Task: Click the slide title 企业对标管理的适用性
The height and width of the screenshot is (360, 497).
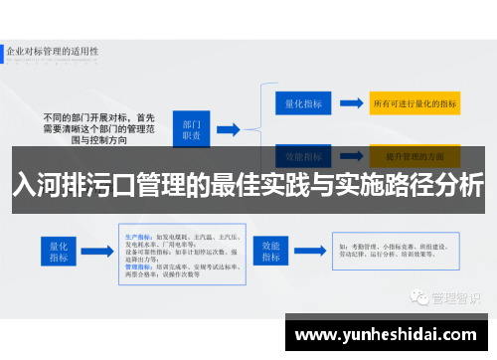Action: (x=51, y=49)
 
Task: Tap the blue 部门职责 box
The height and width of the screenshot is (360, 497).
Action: (x=193, y=128)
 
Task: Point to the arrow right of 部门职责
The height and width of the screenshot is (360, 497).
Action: (x=228, y=128)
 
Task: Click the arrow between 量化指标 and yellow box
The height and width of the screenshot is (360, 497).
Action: (x=350, y=102)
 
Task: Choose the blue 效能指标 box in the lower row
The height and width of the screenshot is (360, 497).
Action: (x=271, y=251)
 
